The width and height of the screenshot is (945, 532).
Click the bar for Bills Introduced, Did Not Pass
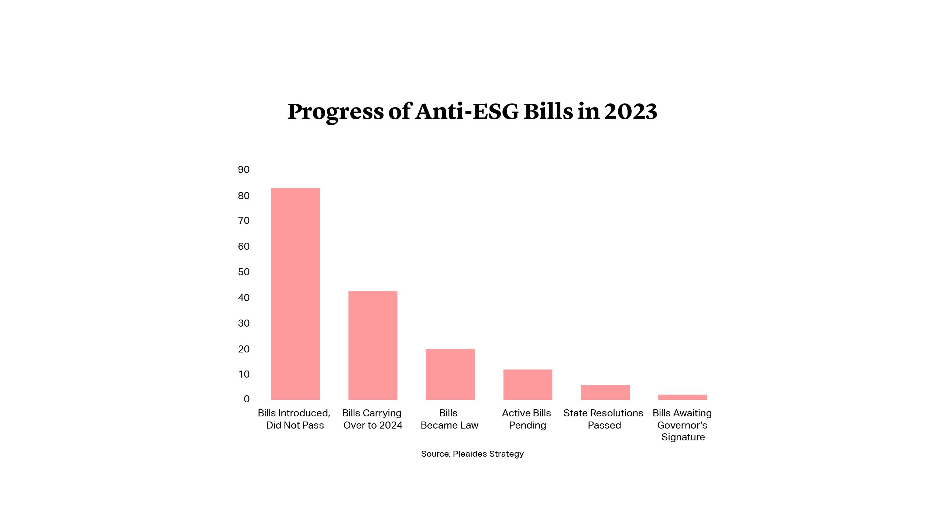point(295,294)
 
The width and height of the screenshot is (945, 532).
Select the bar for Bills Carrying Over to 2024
point(373,345)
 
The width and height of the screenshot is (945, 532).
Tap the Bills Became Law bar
point(450,374)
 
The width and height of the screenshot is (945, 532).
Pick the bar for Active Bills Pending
point(528,384)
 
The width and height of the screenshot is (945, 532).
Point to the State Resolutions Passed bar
point(605,392)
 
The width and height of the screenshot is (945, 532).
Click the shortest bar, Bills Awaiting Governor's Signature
point(683,397)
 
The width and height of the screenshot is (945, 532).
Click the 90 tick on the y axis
point(244,170)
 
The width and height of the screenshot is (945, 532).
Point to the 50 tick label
point(244,272)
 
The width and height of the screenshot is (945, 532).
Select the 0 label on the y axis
point(247,399)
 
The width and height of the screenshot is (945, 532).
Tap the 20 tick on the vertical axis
point(244,349)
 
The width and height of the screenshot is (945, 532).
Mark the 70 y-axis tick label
point(244,221)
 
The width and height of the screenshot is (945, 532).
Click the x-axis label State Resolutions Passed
point(603,419)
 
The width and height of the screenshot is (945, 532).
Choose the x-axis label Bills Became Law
point(449,419)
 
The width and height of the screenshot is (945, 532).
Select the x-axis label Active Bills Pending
point(527,419)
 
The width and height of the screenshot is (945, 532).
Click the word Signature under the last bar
point(683,437)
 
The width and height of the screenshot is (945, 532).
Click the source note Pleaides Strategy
point(488,454)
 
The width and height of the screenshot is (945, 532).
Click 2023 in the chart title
point(630,111)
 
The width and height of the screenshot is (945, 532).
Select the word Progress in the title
point(336,112)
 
